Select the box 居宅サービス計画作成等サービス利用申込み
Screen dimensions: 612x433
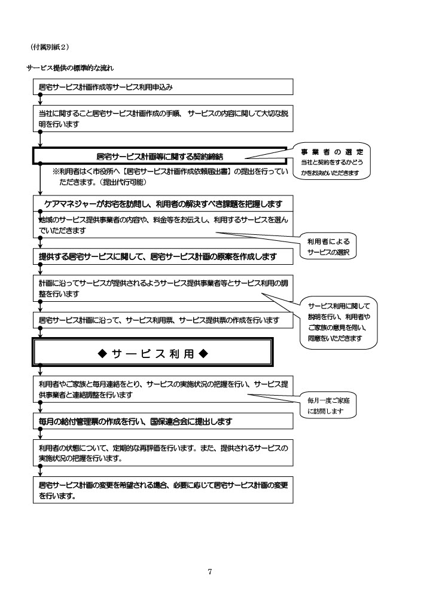[163, 87]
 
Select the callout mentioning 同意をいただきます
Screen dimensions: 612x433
[339, 322]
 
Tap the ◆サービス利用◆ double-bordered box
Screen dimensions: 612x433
[153, 353]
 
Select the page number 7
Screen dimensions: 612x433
[209, 572]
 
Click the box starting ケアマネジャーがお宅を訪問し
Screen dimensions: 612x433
[163, 203]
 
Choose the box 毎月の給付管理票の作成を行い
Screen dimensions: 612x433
[163, 421]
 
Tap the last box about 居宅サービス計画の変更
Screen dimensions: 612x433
[163, 490]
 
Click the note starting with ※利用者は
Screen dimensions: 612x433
[170, 172]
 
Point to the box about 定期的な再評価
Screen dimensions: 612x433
[163, 453]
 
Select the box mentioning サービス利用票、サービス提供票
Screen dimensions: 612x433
[163, 321]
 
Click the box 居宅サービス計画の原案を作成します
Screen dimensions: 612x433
[163, 257]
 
